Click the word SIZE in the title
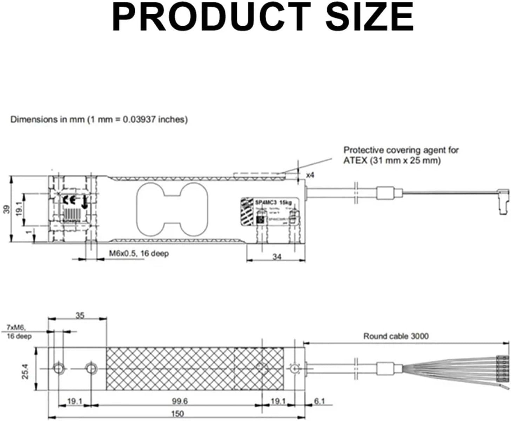[370, 17]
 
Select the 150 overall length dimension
[178, 414]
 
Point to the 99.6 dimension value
[180, 401]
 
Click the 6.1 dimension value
[319, 401]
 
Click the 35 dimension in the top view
[80, 315]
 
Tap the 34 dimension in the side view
[277, 257]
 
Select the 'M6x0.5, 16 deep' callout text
[139, 253]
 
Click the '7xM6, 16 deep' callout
[19, 332]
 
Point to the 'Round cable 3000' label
[396, 336]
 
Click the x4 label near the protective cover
[310, 175]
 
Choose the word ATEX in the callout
[355, 161]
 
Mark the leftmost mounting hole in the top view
[58, 368]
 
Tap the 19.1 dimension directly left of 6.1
[278, 401]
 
